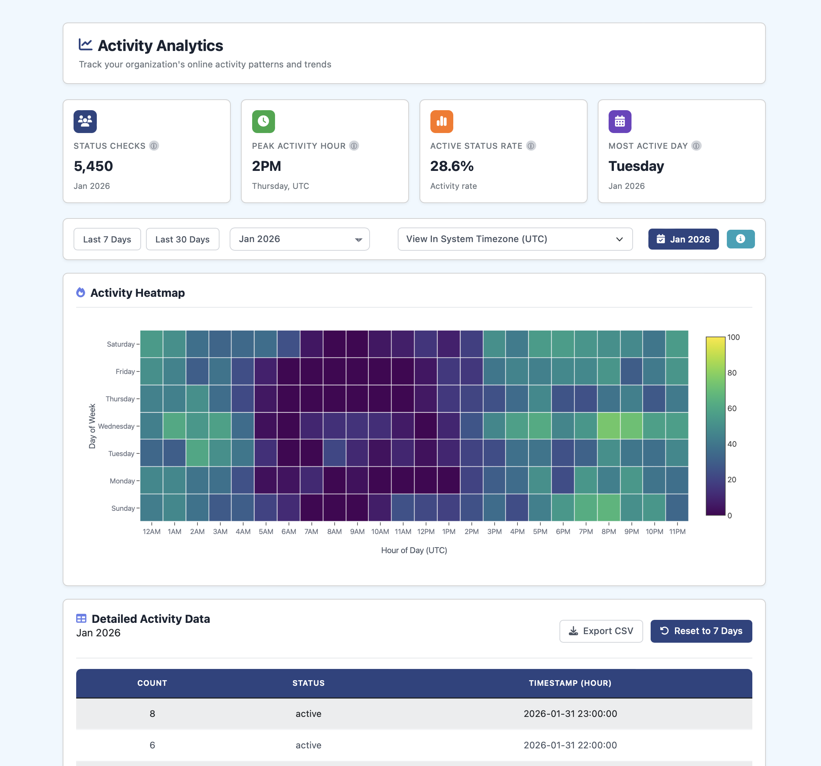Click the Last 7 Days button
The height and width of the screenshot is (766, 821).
(107, 239)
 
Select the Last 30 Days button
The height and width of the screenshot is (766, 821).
(182, 239)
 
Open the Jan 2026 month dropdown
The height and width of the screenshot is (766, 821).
(299, 239)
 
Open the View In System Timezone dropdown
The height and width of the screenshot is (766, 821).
(514, 239)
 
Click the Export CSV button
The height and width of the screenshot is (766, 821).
(601, 631)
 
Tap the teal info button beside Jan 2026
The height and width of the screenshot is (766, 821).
(740, 239)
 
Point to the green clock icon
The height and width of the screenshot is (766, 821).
(263, 122)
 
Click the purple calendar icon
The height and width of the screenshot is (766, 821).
(620, 122)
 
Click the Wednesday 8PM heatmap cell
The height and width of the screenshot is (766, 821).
(608, 426)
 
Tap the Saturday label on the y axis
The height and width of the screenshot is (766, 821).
(120, 344)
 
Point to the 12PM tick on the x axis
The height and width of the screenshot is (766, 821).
(426, 532)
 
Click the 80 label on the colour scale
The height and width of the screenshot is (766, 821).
(732, 373)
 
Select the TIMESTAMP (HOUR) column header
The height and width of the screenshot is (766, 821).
(570, 683)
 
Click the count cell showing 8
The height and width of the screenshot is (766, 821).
(152, 714)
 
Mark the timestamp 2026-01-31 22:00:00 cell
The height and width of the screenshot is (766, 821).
(570, 745)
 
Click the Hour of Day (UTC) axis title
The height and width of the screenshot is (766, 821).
(414, 550)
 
